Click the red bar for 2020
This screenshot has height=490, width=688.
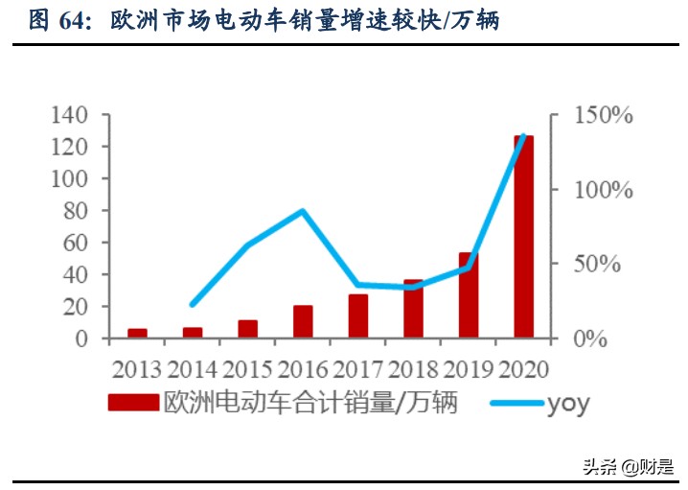(x=523, y=237)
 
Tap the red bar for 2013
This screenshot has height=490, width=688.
(x=137, y=333)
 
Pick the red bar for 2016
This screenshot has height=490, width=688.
(x=303, y=322)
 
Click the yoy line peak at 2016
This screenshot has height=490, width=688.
(x=303, y=211)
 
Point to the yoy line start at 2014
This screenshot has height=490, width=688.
(x=193, y=304)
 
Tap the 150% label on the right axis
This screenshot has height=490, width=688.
(x=604, y=116)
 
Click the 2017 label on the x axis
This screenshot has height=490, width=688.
(x=358, y=368)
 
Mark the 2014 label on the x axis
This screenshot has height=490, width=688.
(x=193, y=368)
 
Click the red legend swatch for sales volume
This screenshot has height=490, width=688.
(x=133, y=403)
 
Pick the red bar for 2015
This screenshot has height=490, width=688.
(x=248, y=328)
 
